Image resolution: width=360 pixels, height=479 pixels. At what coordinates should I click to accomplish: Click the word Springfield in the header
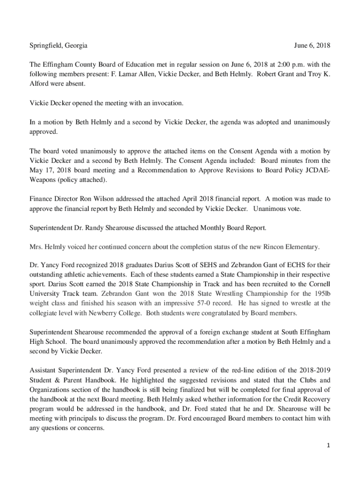43,46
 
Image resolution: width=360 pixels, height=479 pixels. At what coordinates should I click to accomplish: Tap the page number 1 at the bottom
328,446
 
